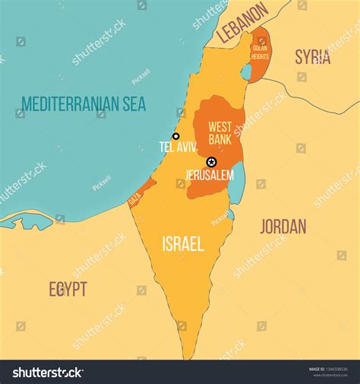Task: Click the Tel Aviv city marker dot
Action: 176,137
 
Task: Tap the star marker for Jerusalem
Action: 211,162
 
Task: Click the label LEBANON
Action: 242,23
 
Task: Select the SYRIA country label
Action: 312,56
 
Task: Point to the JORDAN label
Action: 283,226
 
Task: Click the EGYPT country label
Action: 68,289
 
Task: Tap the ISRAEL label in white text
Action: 182,243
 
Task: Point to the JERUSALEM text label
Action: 210,175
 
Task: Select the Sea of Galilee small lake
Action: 246,72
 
